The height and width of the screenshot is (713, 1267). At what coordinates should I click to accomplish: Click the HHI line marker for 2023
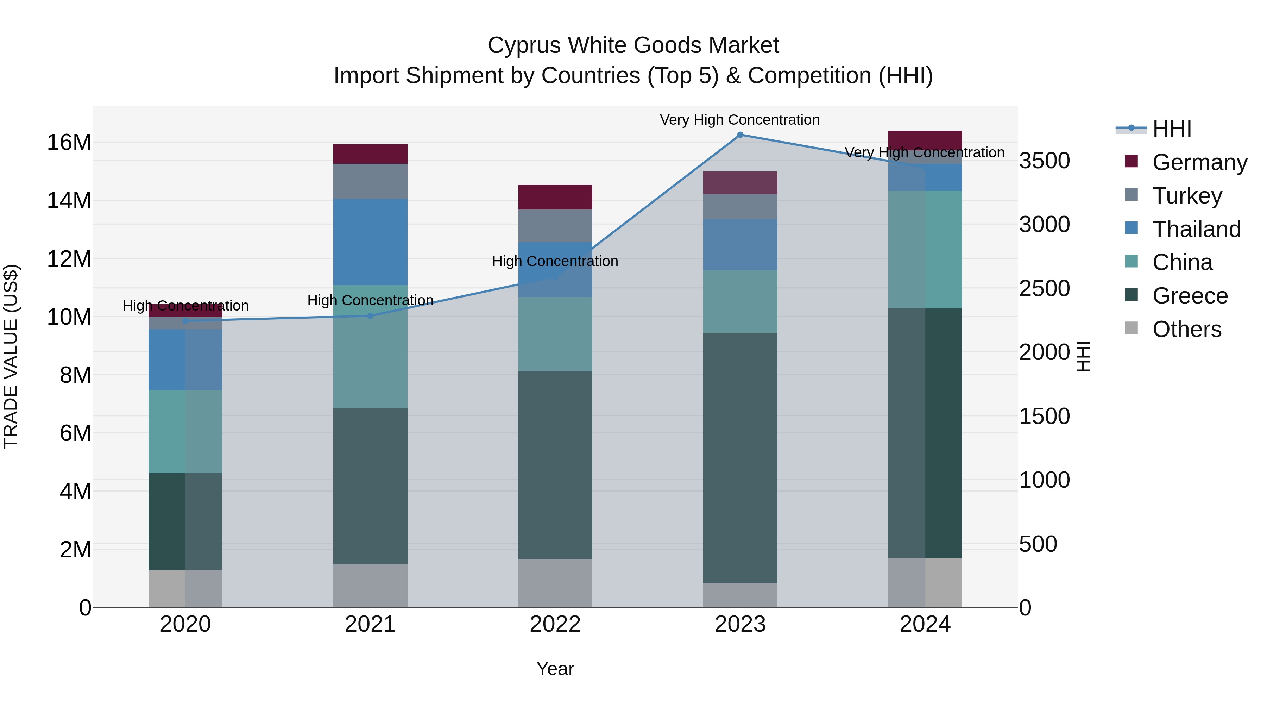click(740, 135)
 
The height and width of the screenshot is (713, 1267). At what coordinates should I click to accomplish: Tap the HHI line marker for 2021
click(370, 316)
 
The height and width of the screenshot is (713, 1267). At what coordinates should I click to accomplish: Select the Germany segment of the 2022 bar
click(555, 197)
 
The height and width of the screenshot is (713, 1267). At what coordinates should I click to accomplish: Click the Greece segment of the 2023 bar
click(740, 458)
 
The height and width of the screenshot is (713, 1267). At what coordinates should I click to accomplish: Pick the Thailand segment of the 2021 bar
click(370, 242)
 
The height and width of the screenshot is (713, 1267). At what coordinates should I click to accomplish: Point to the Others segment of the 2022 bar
click(555, 583)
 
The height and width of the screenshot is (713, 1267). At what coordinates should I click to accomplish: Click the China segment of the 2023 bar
click(740, 302)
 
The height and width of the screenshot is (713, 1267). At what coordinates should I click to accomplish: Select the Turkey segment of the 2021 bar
click(370, 181)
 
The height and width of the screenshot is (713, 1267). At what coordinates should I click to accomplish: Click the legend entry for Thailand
click(1196, 229)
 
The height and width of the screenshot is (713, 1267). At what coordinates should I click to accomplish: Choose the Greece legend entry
click(1190, 296)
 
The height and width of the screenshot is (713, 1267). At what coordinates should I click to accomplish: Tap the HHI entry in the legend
click(1172, 129)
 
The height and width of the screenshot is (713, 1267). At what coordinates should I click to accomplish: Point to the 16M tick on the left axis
click(69, 143)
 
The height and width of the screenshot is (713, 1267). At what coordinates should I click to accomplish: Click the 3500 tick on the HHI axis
click(1044, 161)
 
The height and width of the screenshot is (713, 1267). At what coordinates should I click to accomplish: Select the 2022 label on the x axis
click(555, 624)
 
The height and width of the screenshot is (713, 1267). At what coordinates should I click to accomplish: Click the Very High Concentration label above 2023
click(740, 120)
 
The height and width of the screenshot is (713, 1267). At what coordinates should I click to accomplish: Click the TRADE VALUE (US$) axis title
click(11, 356)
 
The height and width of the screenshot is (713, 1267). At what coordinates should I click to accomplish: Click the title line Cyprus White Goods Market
click(633, 45)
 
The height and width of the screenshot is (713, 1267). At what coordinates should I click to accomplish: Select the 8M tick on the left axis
click(75, 375)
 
